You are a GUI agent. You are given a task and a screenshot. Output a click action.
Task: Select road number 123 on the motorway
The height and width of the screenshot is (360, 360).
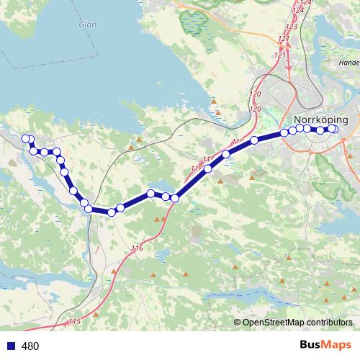pos(291,27)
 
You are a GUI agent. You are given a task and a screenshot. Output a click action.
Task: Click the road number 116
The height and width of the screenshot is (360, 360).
pos(138,248)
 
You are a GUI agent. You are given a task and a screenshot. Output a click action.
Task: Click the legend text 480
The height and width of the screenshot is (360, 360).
pos(30,346)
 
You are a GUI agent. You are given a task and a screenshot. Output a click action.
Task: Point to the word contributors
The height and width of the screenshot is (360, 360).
pos(330,322)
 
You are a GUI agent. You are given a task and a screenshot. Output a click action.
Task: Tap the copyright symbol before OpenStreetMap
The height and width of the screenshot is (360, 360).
pos(238,322)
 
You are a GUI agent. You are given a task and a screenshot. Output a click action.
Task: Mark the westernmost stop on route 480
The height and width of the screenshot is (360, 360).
pos(26,138)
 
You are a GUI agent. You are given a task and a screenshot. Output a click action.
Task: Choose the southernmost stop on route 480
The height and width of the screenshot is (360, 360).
pos(111,212)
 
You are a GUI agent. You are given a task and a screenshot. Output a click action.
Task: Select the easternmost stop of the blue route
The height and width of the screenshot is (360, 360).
pos(333,129)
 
